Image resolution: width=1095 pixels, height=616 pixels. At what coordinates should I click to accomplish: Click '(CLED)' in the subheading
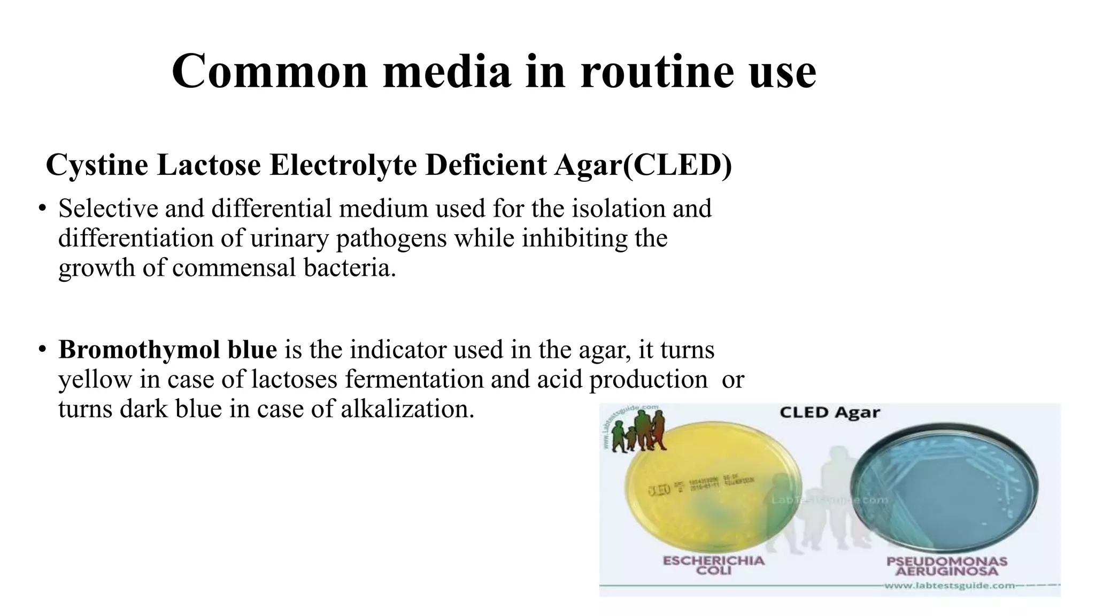point(677,165)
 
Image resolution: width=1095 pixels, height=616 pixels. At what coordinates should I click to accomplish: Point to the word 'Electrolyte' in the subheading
point(343,165)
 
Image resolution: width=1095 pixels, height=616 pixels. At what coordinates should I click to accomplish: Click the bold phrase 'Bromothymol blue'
point(167,350)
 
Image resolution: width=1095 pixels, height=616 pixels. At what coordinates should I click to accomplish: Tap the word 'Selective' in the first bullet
point(108,209)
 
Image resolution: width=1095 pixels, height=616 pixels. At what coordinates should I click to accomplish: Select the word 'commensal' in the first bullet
point(234,267)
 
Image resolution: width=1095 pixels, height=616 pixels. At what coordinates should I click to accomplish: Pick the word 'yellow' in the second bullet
point(95,380)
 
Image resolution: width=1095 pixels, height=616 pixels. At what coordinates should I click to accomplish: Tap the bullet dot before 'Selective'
point(42,208)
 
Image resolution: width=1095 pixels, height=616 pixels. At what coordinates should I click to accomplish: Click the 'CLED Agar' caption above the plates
point(829,412)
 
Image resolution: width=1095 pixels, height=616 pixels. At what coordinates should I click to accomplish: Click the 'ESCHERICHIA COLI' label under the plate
point(713,565)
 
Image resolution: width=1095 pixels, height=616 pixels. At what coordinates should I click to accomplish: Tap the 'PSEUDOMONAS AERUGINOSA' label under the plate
point(946,566)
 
